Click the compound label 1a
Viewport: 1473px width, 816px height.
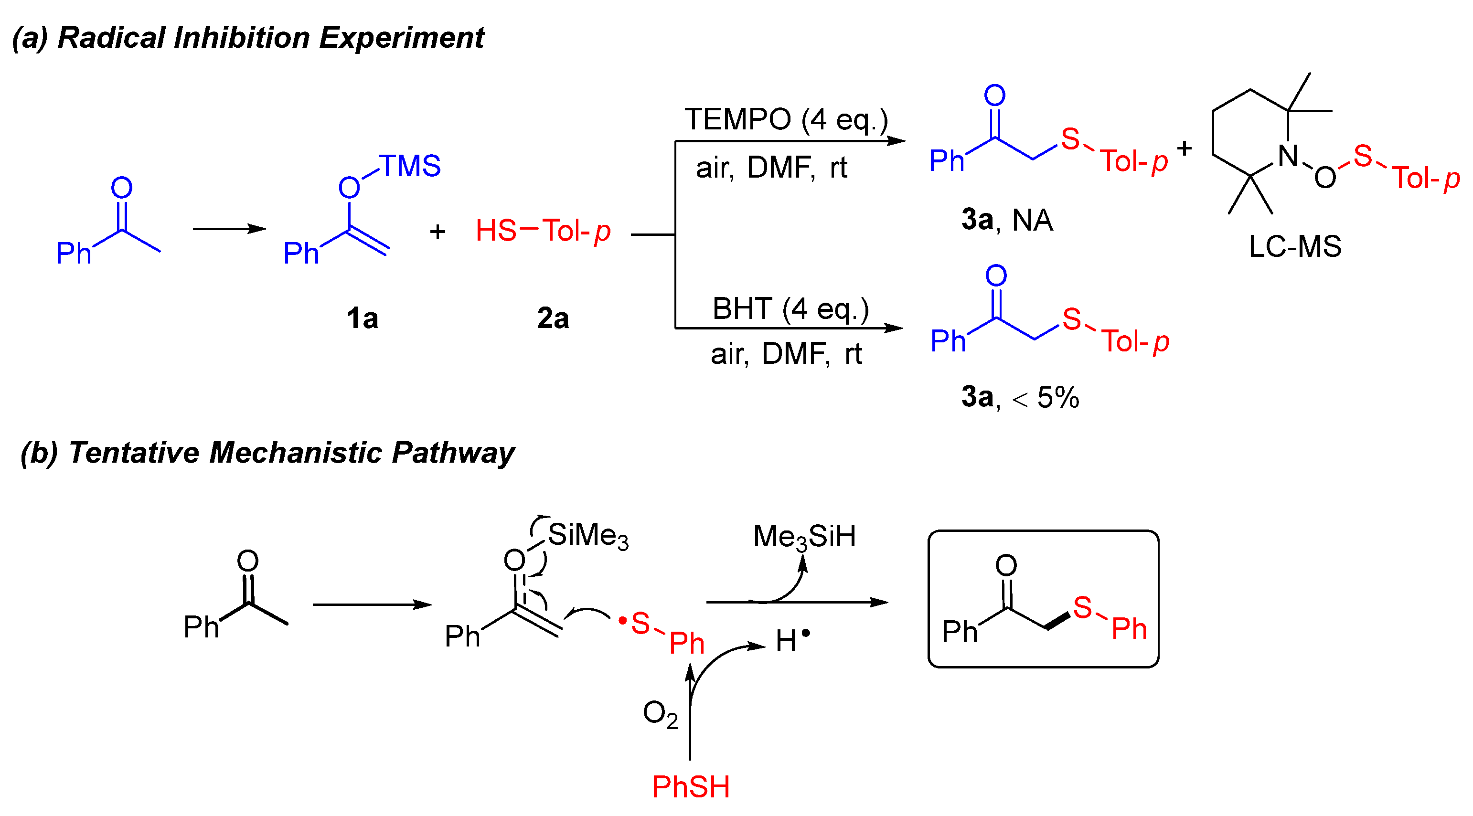click(x=362, y=318)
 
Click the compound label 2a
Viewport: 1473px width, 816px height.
click(x=552, y=318)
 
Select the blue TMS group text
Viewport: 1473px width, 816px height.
click(x=409, y=167)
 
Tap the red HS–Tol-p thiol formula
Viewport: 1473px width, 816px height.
click(x=543, y=231)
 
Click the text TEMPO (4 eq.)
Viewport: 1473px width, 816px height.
click(x=786, y=120)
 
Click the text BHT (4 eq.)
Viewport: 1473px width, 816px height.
click(x=790, y=309)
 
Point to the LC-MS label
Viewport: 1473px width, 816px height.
click(x=1294, y=247)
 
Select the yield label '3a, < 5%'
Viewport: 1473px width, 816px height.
click(x=1020, y=397)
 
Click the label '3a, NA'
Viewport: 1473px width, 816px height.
click(x=1007, y=220)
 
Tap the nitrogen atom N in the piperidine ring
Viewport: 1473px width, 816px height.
click(x=1288, y=156)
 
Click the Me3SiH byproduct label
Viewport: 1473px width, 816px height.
click(x=804, y=536)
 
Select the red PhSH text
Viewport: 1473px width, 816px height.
click(x=691, y=787)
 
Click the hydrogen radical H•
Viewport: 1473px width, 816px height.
click(x=792, y=640)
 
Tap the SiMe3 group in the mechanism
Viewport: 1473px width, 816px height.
click(x=588, y=536)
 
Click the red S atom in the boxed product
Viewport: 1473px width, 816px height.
click(x=1082, y=607)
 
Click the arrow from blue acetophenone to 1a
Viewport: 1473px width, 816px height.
click(x=229, y=229)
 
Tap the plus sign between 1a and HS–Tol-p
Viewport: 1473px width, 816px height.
click(x=438, y=232)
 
